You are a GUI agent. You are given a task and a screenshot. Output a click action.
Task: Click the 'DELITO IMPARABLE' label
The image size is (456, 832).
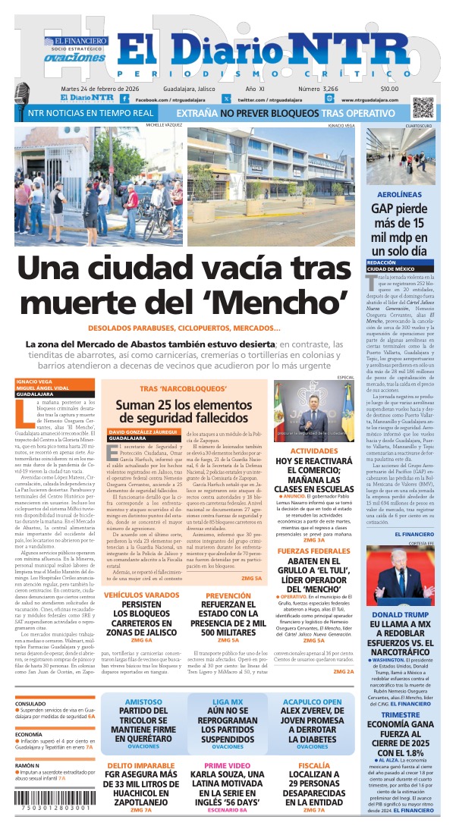[140, 765]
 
